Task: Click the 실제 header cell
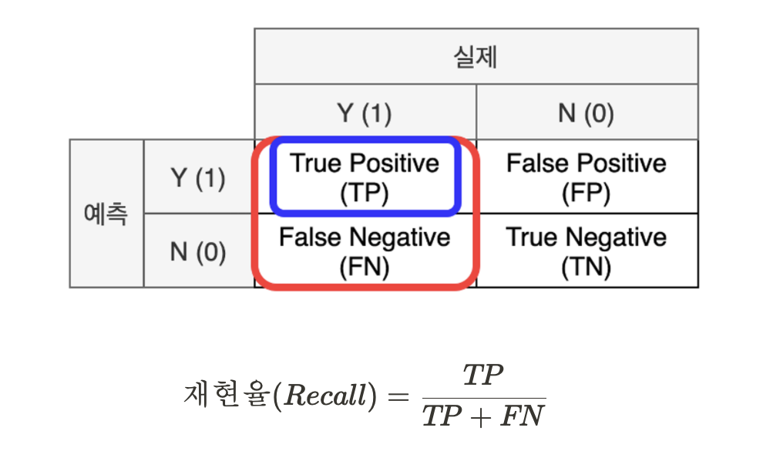pos(476,57)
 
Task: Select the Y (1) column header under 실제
pos(365,113)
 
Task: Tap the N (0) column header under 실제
pos(586,113)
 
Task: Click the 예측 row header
pos(106,214)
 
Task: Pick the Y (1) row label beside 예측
pos(198,178)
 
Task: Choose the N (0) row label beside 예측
pos(198,251)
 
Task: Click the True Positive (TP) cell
pos(365,177)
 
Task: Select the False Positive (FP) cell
pos(586,177)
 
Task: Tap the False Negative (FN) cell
pos(365,251)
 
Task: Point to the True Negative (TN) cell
pos(586,251)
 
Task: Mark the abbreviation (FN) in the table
pos(365,267)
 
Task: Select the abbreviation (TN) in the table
pos(586,267)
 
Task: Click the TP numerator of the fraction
pos(482,376)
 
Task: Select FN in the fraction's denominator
pos(523,417)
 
